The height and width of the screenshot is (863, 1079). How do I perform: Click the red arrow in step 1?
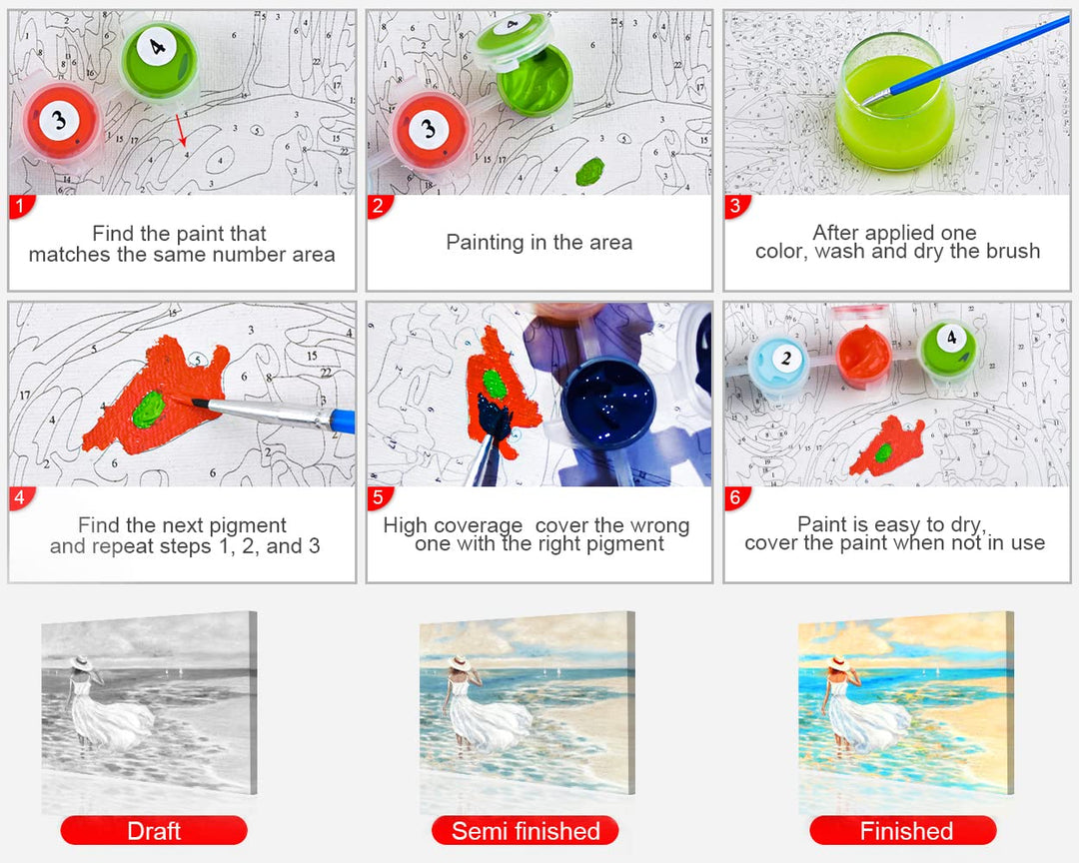pyautogui.click(x=180, y=131)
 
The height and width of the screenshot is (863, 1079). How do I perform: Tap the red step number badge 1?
pyautogui.click(x=21, y=206)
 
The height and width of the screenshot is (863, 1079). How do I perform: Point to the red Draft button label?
pyautogui.click(x=154, y=831)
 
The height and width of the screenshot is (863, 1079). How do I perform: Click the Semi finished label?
pyautogui.click(x=526, y=831)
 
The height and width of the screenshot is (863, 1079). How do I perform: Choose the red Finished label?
pyautogui.click(x=903, y=831)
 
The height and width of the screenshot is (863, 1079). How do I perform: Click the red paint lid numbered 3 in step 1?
pyautogui.click(x=61, y=121)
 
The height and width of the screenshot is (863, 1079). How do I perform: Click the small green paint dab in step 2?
pyautogui.click(x=589, y=172)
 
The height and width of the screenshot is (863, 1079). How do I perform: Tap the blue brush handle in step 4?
pyautogui.click(x=343, y=421)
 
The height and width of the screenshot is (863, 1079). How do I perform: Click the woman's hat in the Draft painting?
pyautogui.click(x=81, y=663)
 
